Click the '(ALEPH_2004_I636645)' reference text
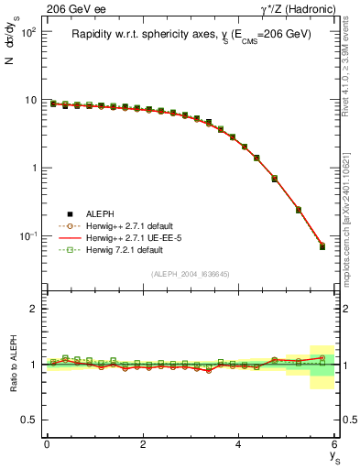pyautogui.click(x=190, y=275)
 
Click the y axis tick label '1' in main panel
pyautogui.click(x=32, y=168)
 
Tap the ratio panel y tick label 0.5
pyautogui.click(x=29, y=420)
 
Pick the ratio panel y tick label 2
pyautogui.click(x=33, y=309)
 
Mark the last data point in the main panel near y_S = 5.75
pyautogui.click(x=322, y=246)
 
